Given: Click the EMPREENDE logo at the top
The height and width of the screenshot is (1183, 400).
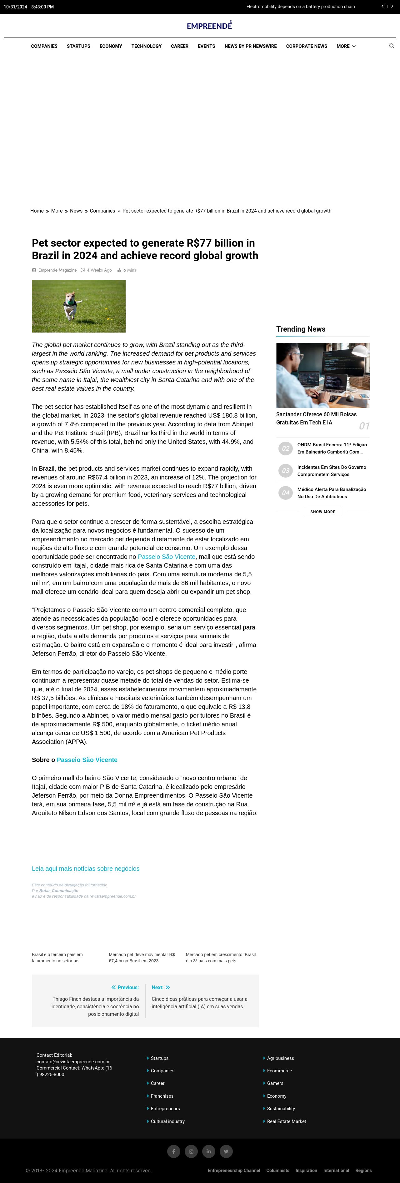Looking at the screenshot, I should (209, 26).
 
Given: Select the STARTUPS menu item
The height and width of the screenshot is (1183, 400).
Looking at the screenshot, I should (78, 46).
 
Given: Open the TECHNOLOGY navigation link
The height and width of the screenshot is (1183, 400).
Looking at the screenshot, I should (147, 46).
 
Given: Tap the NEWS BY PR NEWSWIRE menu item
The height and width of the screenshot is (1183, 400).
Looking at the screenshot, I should (250, 46).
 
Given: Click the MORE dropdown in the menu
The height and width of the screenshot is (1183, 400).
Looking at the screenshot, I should (346, 46).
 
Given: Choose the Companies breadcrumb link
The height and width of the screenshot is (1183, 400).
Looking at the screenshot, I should (102, 211).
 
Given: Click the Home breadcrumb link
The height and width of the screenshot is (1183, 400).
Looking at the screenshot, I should (37, 211).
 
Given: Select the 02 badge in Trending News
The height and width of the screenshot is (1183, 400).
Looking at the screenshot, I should (286, 448).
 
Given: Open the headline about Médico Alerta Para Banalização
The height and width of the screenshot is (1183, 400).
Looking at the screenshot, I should (332, 493).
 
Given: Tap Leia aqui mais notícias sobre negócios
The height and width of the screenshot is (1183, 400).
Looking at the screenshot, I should (85, 869).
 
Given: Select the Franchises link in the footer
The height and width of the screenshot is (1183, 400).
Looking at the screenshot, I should (162, 1096).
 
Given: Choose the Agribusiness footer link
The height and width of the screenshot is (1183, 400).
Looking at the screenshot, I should (281, 1058).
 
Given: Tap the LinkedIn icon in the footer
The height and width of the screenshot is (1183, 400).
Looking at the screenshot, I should (208, 1151).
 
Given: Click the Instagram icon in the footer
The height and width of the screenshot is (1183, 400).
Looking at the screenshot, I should (191, 1151).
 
